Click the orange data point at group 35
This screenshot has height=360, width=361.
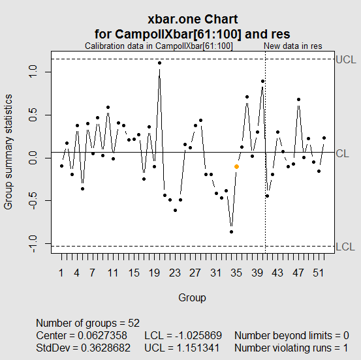click(236, 167)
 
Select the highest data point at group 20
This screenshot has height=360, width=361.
click(159, 63)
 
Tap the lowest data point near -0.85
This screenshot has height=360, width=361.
click(231, 232)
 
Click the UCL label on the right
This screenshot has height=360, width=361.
click(345, 59)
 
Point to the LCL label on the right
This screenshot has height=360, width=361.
click(345, 247)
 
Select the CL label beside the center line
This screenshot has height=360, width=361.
click(343, 153)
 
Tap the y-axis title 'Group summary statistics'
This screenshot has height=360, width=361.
click(8, 151)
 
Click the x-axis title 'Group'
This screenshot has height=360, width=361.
click(193, 297)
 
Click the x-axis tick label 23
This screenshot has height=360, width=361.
click(175, 273)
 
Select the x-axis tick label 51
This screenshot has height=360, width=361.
click(319, 273)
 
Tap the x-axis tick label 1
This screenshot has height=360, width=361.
click(61, 273)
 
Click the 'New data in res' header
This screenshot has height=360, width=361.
click(292, 46)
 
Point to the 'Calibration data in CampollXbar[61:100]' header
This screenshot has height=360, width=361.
click(159, 46)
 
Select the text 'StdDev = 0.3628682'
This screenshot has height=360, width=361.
click(84, 348)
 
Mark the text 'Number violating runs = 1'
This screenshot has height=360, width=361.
click(290, 348)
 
